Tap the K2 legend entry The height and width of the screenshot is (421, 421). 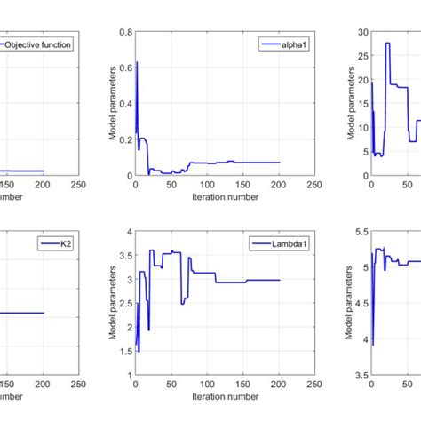[54, 242]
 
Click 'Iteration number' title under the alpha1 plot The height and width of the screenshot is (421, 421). [224, 197]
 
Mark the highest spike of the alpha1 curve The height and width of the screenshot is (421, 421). [137, 61]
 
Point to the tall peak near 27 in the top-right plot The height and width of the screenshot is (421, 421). [387, 43]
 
